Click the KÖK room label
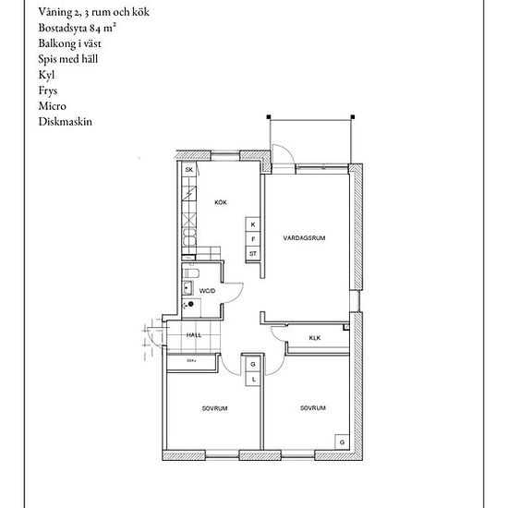click(221, 202)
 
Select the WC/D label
click(207, 291)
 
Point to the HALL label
click(194, 334)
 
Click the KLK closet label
click(314, 337)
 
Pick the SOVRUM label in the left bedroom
click(214, 407)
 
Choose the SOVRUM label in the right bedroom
click(312, 407)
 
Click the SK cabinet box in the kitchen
click(188, 171)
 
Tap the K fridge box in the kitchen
click(252, 224)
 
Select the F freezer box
click(252, 238)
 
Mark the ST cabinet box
click(252, 253)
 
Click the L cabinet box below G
click(252, 379)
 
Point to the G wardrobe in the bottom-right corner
click(342, 443)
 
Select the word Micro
click(54, 105)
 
